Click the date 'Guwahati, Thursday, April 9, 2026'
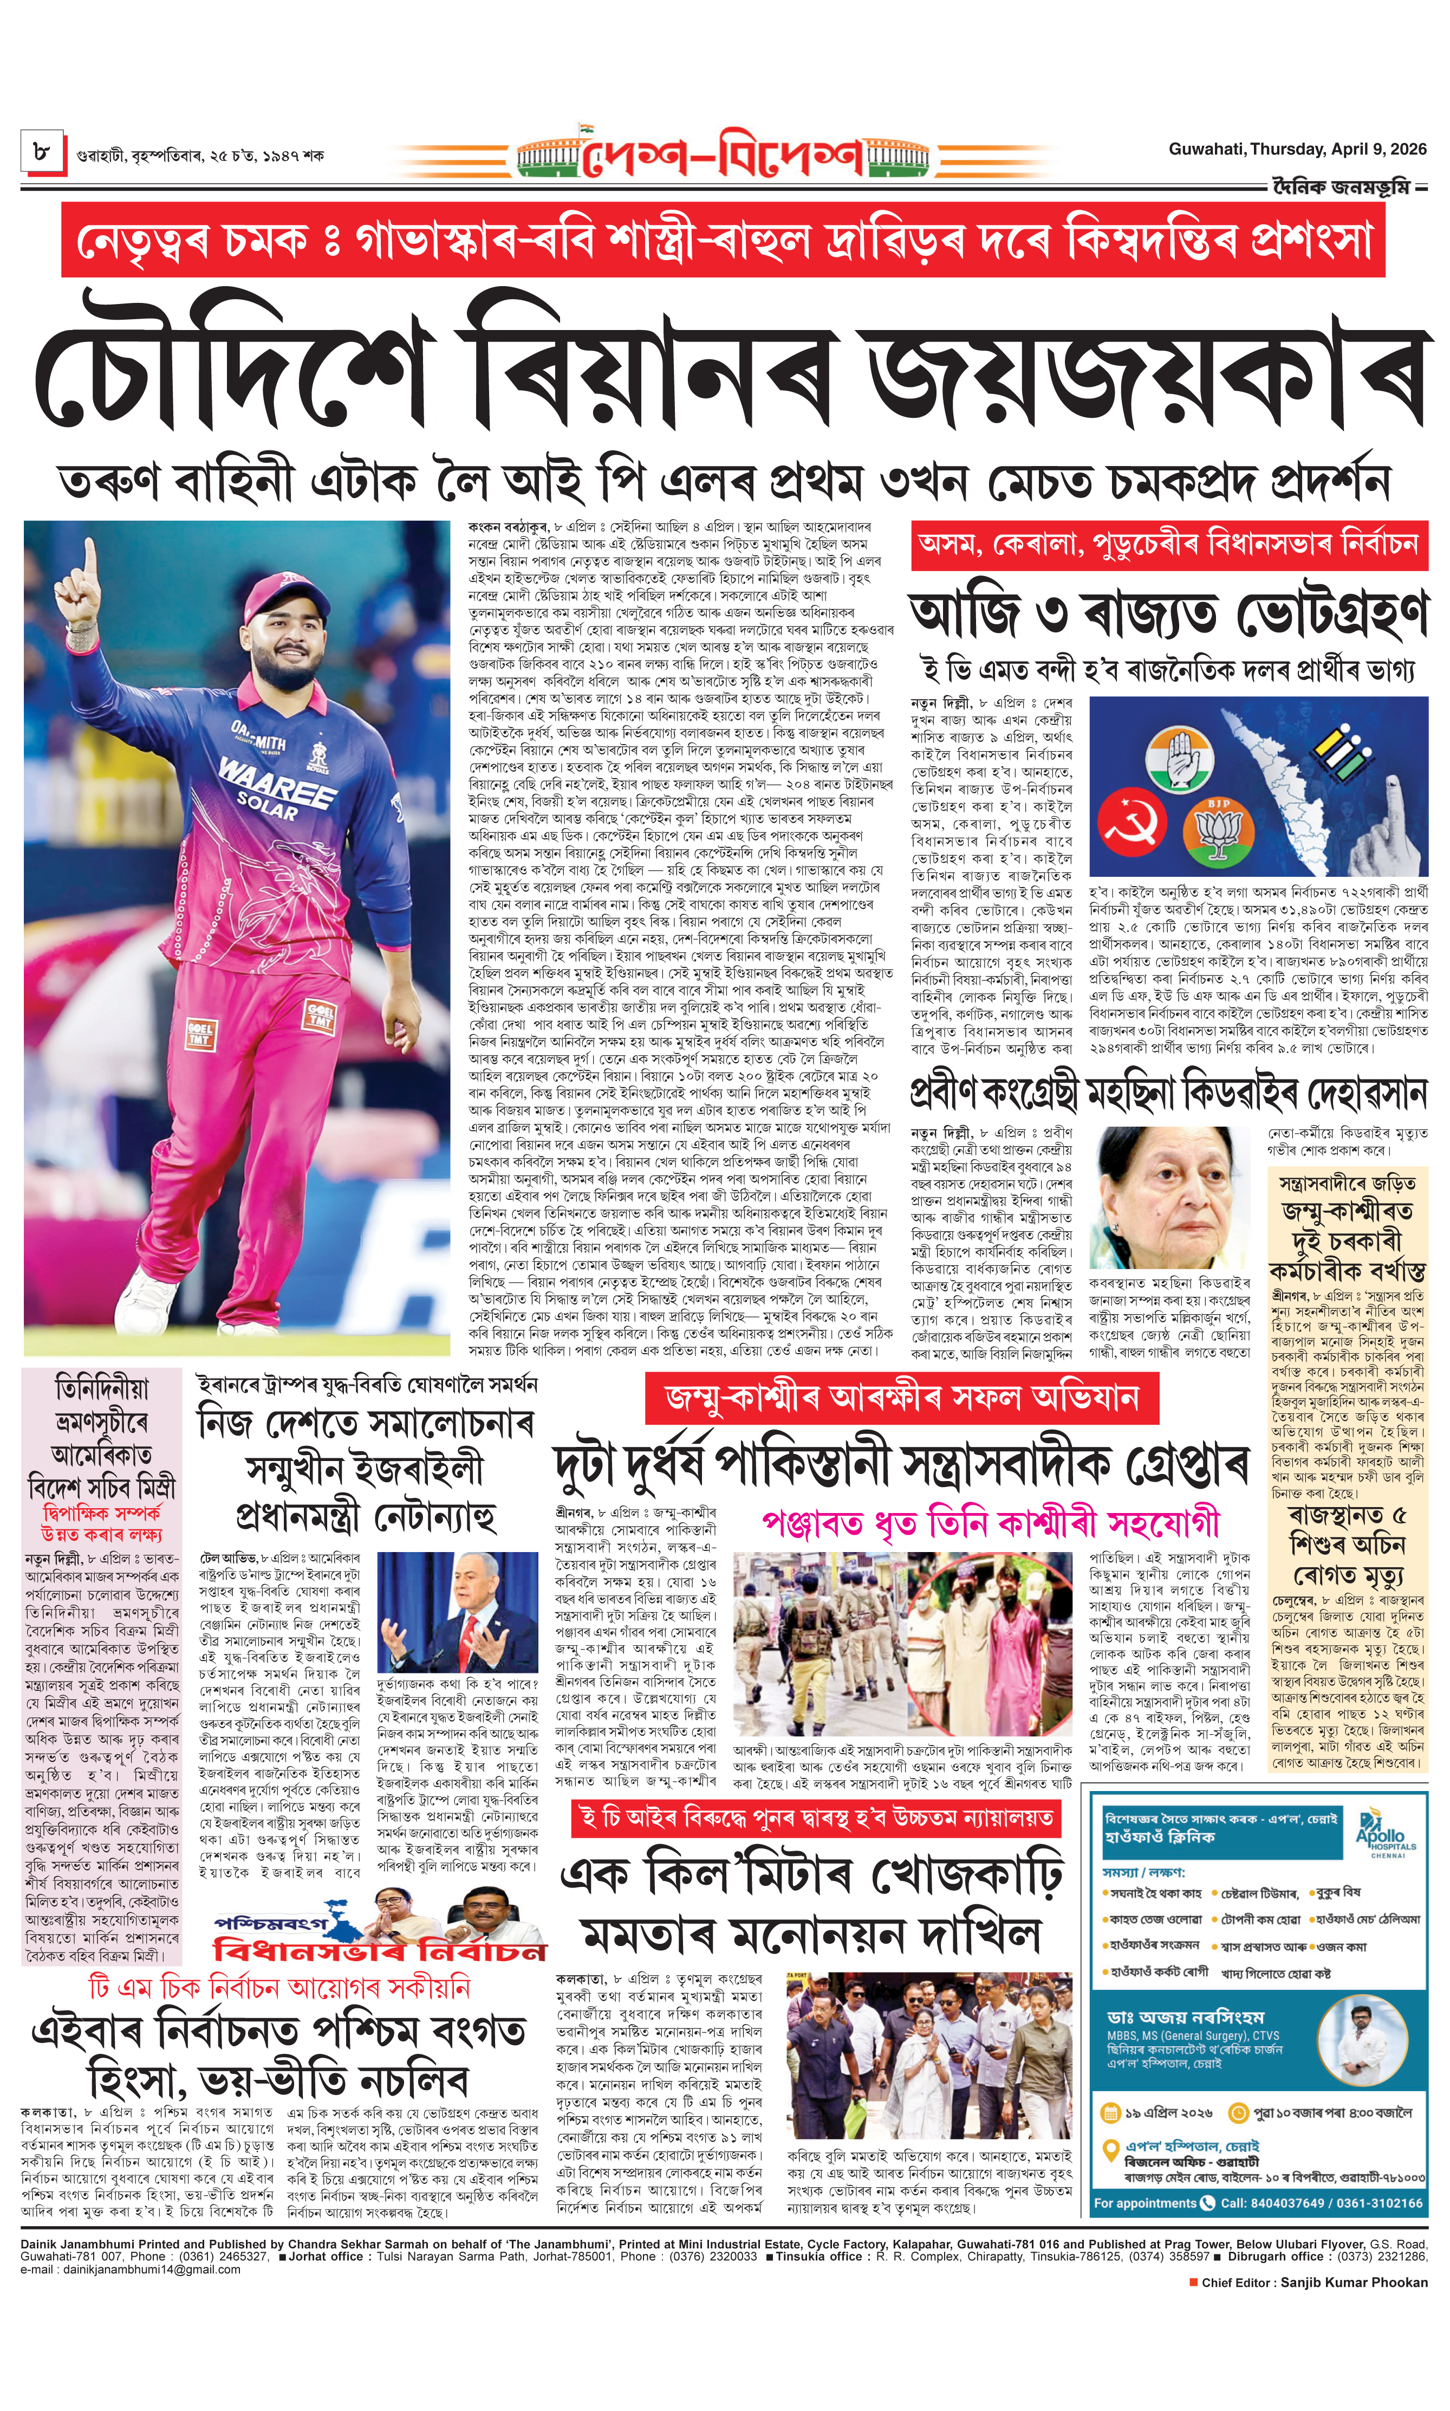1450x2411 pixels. tap(1297, 150)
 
